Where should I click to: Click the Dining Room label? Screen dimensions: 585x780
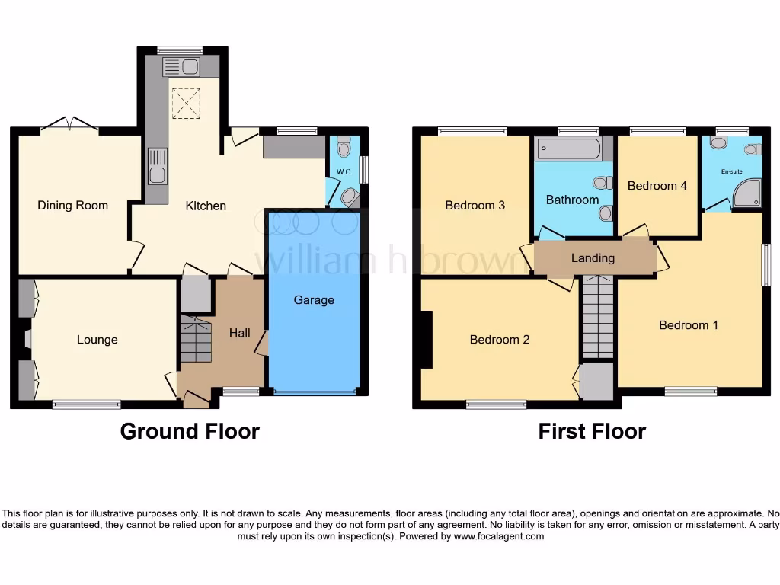[72, 205]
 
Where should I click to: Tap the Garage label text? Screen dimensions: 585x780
[314, 300]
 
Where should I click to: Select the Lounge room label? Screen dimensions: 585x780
[97, 340]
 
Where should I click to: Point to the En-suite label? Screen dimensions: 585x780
[731, 171]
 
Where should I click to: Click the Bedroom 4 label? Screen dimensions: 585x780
[651, 186]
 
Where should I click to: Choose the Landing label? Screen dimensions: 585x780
[593, 258]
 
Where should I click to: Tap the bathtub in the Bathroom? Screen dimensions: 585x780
[568, 149]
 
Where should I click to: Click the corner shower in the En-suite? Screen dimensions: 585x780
[747, 193]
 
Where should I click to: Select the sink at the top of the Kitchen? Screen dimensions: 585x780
[181, 67]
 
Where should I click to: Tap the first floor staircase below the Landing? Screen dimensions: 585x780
[598, 315]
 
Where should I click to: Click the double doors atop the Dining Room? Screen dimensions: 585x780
[69, 125]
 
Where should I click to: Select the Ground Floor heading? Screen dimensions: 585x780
[190, 431]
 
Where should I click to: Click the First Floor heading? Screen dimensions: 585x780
[592, 431]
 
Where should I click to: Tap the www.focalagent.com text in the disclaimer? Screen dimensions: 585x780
[499, 536]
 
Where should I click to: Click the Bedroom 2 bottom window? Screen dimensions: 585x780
[496, 404]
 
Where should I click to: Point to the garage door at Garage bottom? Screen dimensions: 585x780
[315, 393]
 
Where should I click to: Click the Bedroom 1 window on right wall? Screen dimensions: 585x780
[766, 265]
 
